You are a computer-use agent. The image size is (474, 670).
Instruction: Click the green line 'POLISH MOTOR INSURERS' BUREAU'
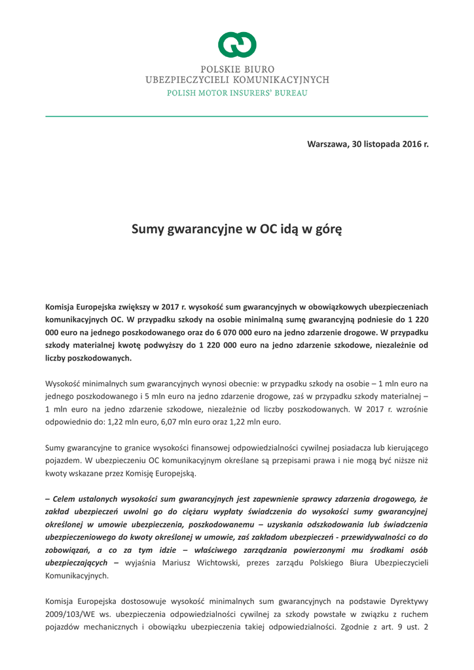[237, 92]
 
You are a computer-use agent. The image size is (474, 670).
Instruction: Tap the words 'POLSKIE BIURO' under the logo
[237, 69]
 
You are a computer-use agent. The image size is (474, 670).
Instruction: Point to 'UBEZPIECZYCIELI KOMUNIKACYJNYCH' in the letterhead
[237, 80]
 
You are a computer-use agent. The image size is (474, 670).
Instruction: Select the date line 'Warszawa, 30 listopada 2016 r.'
[367, 143]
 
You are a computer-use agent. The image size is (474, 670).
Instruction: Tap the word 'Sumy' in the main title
[148, 230]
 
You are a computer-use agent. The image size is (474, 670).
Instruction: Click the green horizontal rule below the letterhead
[237, 116]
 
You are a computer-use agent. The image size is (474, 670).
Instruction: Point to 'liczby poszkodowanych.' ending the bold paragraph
[88, 358]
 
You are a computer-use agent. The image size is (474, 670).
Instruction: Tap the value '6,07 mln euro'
[184, 422]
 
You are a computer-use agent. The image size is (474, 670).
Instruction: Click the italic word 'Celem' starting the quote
[67, 499]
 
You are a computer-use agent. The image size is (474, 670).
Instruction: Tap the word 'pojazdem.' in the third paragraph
[64, 461]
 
